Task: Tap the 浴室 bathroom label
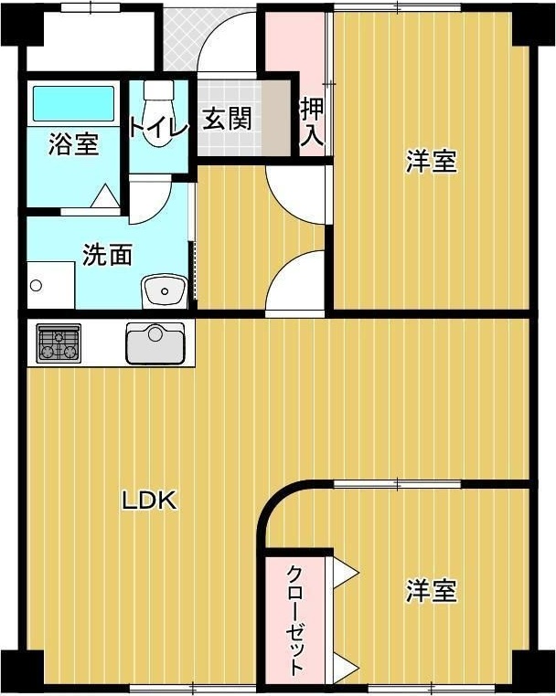(x=73, y=143)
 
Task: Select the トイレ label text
(x=158, y=126)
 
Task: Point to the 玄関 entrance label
(x=226, y=120)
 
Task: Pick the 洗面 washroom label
(x=107, y=255)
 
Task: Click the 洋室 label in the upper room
(x=431, y=163)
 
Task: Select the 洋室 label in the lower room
(x=431, y=591)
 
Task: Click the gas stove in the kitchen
(x=59, y=343)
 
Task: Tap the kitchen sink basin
(x=155, y=344)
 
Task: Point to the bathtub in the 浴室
(x=73, y=103)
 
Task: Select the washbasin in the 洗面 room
(x=164, y=291)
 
